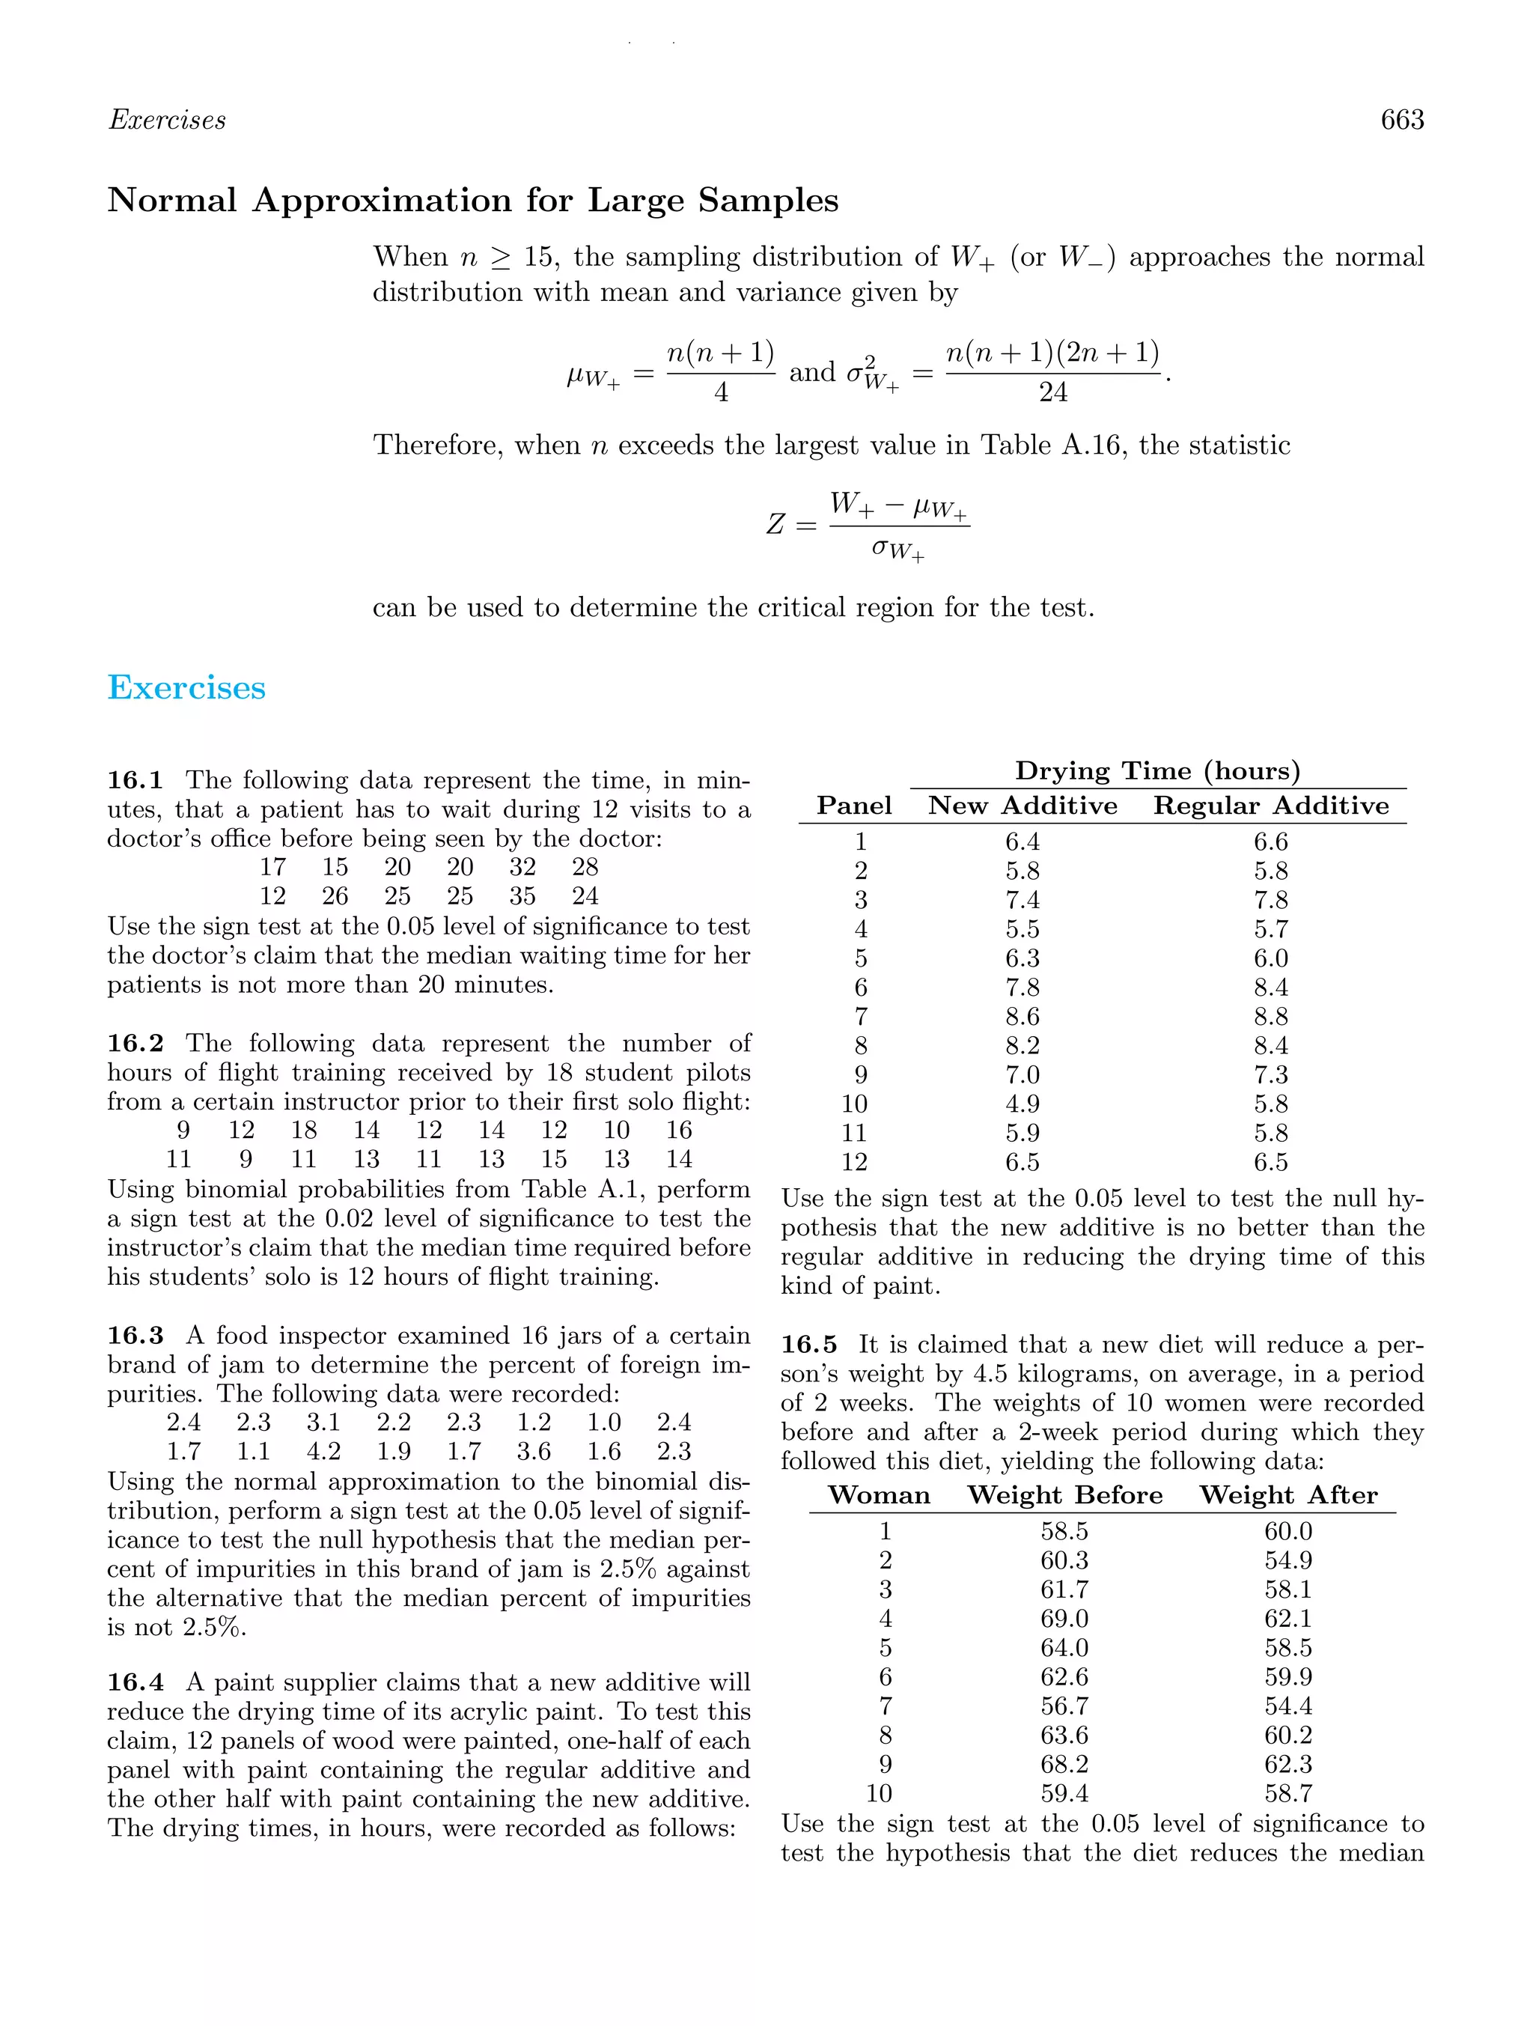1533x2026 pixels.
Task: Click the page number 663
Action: click(1401, 120)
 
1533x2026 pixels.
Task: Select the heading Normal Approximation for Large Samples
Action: click(472, 200)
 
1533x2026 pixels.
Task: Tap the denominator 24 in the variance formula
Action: click(1052, 393)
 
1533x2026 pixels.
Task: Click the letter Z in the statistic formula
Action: click(775, 526)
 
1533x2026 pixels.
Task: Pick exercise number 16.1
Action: click(135, 780)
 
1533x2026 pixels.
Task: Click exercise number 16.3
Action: click(135, 1336)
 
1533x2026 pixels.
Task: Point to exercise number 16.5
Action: click(808, 1345)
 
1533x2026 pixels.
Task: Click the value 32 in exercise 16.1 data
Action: click(522, 866)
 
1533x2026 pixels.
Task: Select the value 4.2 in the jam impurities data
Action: click(323, 1451)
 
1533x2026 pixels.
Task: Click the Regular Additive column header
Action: click(1270, 806)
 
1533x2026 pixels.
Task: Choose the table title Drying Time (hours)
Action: click(1157, 771)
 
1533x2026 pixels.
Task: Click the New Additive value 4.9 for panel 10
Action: click(1022, 1104)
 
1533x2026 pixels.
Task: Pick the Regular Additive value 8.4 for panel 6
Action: click(1270, 988)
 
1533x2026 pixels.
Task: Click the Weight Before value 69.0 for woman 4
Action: click(1064, 1619)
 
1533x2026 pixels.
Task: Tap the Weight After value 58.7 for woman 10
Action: click(1287, 1793)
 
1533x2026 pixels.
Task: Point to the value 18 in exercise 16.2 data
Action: click(303, 1131)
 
